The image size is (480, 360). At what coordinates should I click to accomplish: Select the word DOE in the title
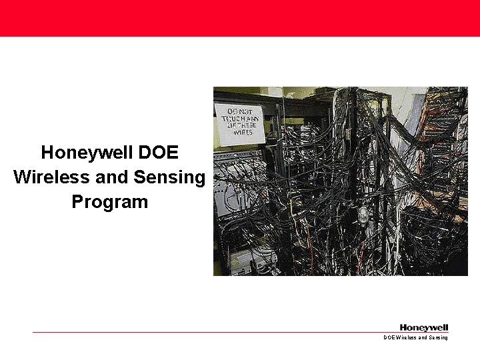(x=158, y=153)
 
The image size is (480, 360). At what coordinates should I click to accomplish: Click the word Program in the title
(x=109, y=201)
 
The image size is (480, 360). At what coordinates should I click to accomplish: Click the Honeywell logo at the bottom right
(x=424, y=327)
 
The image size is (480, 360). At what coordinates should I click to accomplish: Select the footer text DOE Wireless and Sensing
(x=415, y=338)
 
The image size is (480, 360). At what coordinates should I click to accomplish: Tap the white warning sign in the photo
(x=241, y=121)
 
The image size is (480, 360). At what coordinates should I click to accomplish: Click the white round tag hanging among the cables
(x=363, y=215)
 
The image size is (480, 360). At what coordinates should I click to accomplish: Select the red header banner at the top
(x=240, y=18)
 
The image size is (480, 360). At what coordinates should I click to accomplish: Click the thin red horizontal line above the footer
(x=200, y=332)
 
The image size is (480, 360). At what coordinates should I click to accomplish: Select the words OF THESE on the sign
(x=241, y=125)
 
